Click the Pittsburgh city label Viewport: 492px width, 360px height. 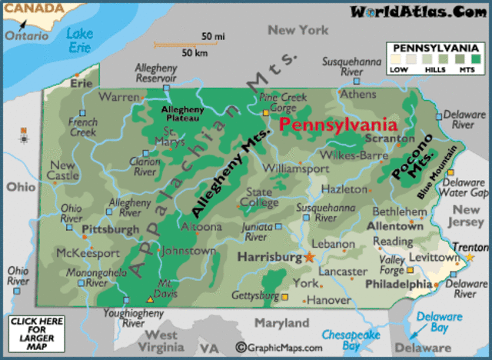click(x=111, y=229)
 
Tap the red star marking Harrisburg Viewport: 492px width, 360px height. click(x=310, y=257)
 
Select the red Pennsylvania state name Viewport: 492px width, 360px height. click(x=337, y=125)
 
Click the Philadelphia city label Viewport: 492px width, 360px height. click(x=398, y=284)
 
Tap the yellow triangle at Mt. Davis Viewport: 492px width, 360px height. click(x=151, y=298)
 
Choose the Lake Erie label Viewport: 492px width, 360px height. click(x=79, y=41)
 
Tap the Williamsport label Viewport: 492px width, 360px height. click(x=295, y=168)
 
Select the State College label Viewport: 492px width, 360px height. click(x=258, y=197)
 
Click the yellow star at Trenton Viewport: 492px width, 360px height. click(x=470, y=257)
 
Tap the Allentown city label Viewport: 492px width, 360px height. click(x=394, y=227)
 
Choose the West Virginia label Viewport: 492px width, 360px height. click(x=161, y=341)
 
